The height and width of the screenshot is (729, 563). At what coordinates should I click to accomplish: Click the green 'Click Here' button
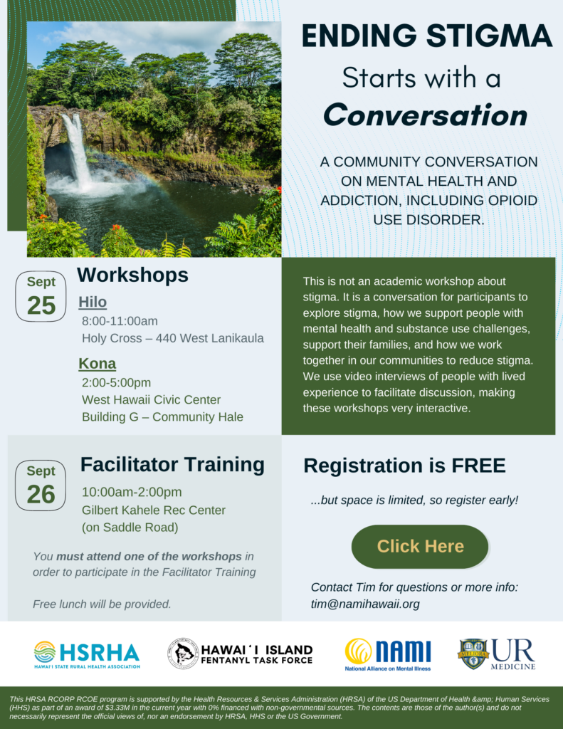420,546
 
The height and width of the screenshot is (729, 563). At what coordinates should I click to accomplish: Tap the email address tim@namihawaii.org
365,604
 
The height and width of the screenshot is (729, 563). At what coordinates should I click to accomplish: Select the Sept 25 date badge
41,296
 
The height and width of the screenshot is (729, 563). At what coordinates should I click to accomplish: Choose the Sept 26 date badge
41,486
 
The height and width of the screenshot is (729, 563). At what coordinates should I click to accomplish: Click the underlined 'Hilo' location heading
93,302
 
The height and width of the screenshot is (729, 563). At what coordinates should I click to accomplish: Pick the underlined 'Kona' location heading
98,364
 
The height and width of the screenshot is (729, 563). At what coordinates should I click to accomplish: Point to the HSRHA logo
87,655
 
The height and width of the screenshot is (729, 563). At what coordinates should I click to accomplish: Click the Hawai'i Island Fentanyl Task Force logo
240,654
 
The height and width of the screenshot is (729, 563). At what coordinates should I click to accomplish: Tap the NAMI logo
388,654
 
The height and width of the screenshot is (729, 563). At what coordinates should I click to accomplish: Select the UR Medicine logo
497,654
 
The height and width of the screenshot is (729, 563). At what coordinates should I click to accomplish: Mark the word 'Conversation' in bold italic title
426,115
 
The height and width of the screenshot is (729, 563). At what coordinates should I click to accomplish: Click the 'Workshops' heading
132,275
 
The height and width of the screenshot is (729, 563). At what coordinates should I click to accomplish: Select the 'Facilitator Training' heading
172,464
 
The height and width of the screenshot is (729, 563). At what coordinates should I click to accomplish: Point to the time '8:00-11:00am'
120,321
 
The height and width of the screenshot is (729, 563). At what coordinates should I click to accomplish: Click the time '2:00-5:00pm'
116,382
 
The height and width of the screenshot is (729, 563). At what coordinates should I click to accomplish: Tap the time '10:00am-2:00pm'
132,492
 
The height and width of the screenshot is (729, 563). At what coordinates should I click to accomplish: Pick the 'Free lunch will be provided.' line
102,604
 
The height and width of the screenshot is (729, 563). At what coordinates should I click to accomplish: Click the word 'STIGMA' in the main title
490,36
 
